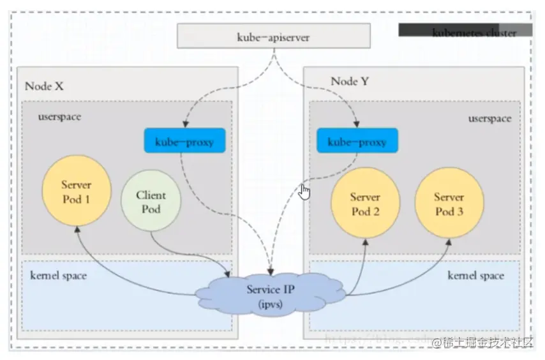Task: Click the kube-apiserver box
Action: [x=274, y=37]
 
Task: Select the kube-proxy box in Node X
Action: [x=185, y=141]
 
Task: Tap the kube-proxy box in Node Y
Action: [x=357, y=141]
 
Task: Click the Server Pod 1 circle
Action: [x=76, y=191]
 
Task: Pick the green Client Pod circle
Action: [x=151, y=202]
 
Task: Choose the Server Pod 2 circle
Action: [x=365, y=204]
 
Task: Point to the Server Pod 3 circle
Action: [x=449, y=204]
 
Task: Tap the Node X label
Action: [x=44, y=86]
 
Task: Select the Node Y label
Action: [x=350, y=82]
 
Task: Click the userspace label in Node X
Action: [x=60, y=117]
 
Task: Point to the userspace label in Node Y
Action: [x=490, y=119]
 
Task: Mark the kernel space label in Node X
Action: [x=58, y=276]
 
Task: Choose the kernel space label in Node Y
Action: [x=475, y=276]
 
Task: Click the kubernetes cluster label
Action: [x=474, y=33]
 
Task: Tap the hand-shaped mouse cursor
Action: [x=305, y=191]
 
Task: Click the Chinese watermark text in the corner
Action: [x=482, y=342]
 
